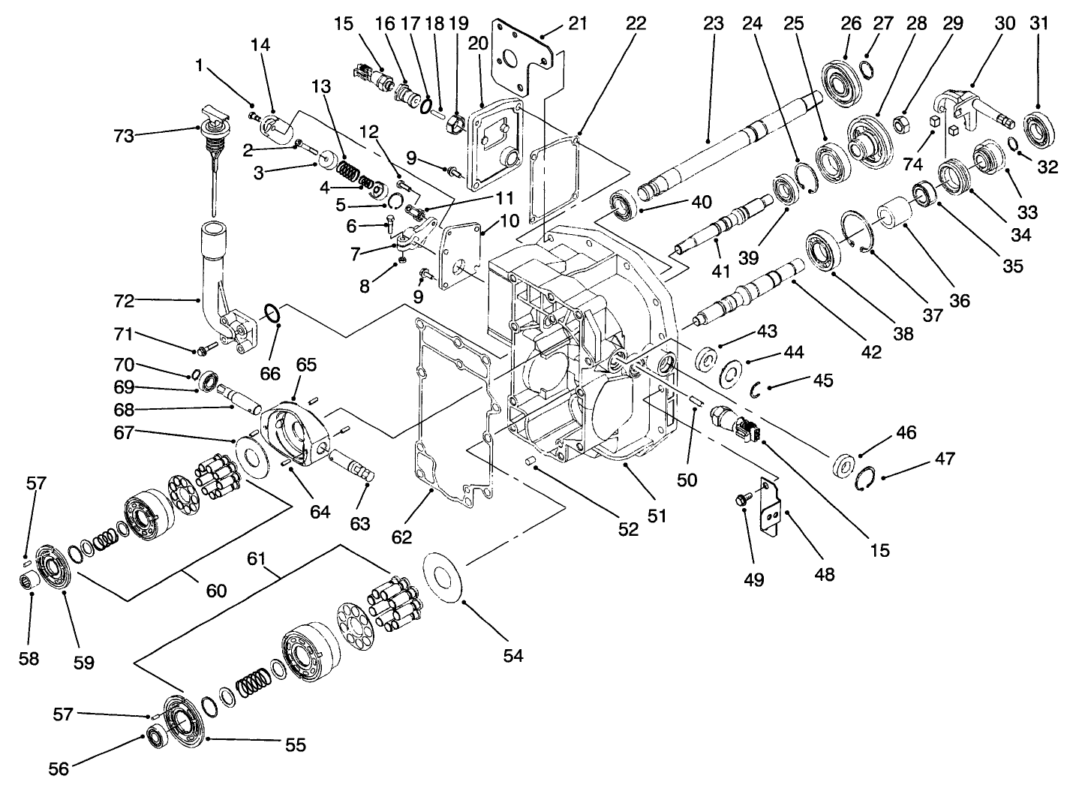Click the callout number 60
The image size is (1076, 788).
pyautogui.click(x=216, y=591)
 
